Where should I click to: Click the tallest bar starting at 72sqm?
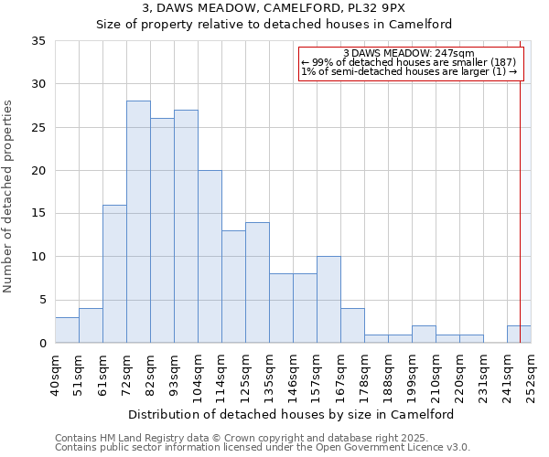[138, 222]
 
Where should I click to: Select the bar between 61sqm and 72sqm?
[114, 274]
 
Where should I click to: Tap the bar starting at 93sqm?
[186, 227]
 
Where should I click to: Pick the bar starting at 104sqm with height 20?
[210, 257]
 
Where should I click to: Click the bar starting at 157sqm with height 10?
[328, 300]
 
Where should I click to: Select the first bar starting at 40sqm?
[67, 330]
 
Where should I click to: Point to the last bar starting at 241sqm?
[519, 335]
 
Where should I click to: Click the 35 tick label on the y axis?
[38, 41]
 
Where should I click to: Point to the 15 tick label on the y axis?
[38, 214]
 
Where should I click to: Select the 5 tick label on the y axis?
[42, 300]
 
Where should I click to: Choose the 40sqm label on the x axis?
[55, 371]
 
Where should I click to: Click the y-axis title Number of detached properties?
[9, 197]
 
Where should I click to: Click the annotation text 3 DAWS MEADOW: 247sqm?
[408, 54]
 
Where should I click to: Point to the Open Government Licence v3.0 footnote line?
[262, 447]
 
